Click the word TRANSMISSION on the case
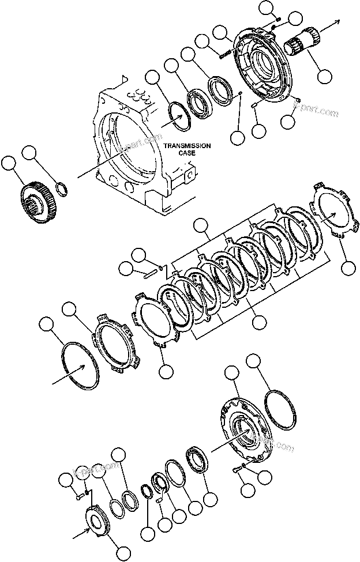[186, 146]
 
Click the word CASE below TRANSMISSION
[186, 153]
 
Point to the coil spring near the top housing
[224, 52]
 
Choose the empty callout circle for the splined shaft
[324, 75]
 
